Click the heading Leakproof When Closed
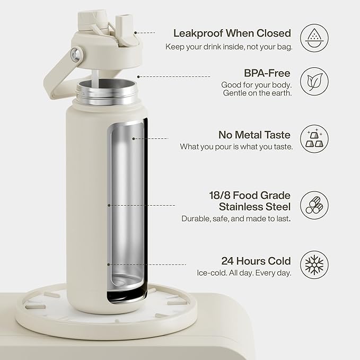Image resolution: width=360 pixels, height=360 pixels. [x=233, y=33]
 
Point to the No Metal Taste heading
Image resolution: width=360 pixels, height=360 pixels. [x=255, y=135]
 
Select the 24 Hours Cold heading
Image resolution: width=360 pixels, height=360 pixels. [x=256, y=261]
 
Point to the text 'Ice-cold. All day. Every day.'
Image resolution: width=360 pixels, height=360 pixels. [x=243, y=273]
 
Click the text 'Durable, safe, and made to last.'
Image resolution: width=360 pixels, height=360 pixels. [x=236, y=218]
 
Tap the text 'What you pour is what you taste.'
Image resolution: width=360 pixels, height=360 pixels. [x=236, y=146]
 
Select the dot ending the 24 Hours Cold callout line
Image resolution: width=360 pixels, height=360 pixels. [x=108, y=264]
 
